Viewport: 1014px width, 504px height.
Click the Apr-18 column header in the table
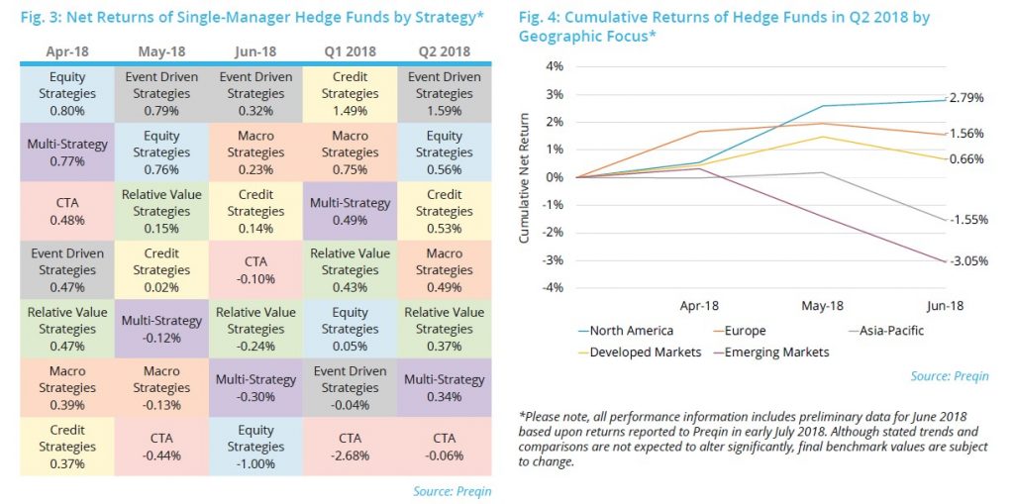tap(67, 50)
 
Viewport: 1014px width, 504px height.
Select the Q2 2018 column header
tap(444, 50)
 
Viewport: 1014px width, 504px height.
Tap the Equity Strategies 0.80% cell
tap(67, 93)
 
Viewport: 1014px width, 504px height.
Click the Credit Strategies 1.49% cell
tap(350, 93)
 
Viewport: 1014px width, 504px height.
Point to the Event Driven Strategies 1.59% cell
tap(444, 93)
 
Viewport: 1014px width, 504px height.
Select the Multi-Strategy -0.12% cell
tap(161, 329)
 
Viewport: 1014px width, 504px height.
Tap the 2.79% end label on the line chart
tap(965, 99)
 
